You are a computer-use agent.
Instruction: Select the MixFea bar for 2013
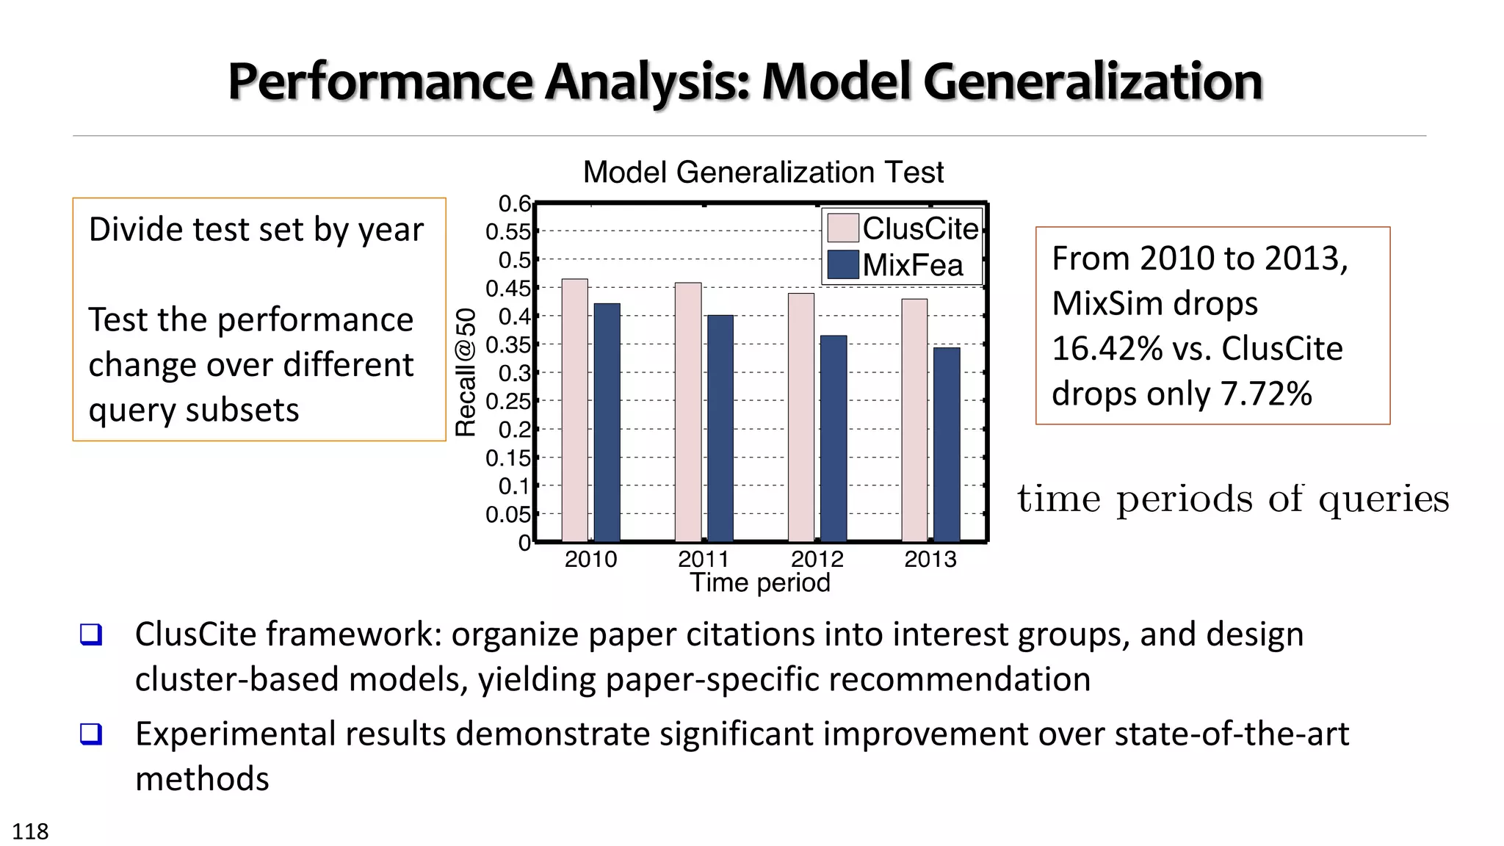click(947, 444)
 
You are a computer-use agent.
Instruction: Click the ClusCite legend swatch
click(842, 228)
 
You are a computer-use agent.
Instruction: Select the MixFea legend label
click(912, 265)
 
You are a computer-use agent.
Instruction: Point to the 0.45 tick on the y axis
click(508, 289)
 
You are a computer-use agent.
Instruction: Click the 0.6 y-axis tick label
click(514, 203)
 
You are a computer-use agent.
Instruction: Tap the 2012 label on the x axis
click(817, 560)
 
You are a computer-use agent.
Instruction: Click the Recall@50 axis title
click(466, 372)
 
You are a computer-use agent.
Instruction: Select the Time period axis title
click(759, 582)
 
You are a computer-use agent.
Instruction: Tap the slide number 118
click(30, 831)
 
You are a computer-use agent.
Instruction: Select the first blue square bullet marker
click(91, 634)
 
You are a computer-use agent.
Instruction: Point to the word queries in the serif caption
click(1384, 499)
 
